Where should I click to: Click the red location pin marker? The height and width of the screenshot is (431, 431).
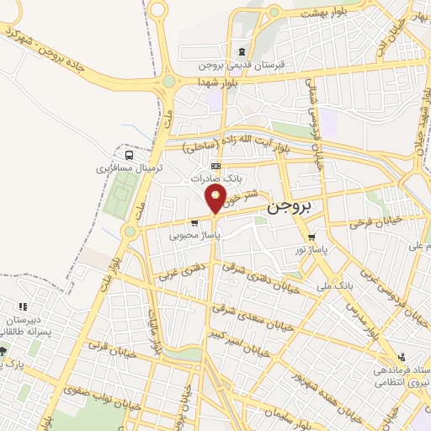click(216, 199)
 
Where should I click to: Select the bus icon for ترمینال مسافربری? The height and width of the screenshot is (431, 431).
click(128, 155)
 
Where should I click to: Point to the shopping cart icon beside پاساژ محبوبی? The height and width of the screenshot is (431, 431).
click(195, 223)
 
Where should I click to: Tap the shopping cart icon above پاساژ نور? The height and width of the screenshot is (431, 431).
click(313, 237)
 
